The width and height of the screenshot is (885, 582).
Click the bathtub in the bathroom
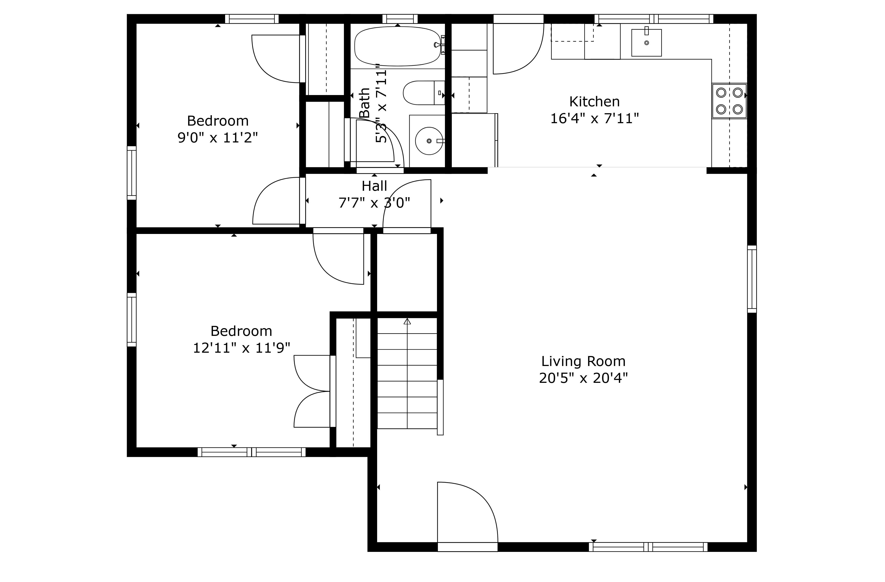click(x=397, y=46)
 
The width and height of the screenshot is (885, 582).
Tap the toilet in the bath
click(x=423, y=93)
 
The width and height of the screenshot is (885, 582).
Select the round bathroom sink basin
click(x=429, y=141)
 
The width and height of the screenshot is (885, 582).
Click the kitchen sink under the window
click(x=646, y=43)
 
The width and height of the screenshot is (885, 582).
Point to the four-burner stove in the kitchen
click(x=729, y=101)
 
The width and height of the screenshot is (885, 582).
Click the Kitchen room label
click(x=594, y=101)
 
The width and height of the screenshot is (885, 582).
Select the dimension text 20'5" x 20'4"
click(x=583, y=378)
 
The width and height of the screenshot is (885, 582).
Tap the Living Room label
click(x=583, y=361)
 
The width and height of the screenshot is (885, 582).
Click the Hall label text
click(x=374, y=186)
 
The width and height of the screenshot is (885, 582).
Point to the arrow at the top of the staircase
click(x=407, y=321)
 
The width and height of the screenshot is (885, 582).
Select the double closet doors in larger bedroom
click(x=312, y=391)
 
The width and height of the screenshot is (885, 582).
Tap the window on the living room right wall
click(x=752, y=279)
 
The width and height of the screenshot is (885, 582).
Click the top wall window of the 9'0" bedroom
click(x=252, y=19)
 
